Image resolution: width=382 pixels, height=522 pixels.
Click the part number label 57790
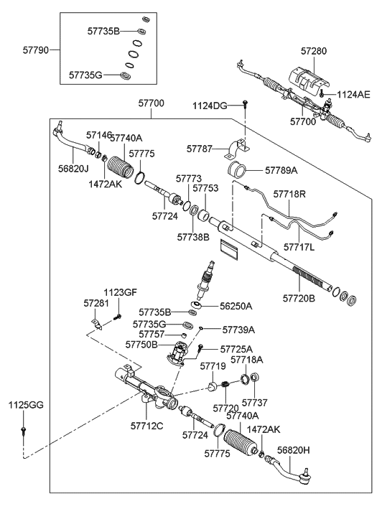[36, 50]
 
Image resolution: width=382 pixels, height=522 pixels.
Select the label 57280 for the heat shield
[314, 51]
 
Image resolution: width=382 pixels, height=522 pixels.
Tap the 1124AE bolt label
[353, 95]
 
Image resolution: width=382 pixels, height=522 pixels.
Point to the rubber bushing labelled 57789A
[236, 169]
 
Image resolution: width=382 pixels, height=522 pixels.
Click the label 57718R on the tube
[289, 194]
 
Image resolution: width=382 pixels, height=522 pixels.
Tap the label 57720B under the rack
[299, 298]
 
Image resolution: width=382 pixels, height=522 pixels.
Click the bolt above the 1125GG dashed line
[24, 430]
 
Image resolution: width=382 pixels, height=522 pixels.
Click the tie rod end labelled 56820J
[73, 141]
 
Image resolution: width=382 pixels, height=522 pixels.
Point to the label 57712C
[147, 426]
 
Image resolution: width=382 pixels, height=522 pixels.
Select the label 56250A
[236, 306]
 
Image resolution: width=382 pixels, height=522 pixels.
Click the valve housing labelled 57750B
[177, 355]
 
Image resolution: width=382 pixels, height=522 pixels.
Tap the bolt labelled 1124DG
[245, 104]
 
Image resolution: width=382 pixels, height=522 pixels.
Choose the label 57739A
[238, 330]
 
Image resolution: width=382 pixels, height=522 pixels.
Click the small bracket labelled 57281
[97, 324]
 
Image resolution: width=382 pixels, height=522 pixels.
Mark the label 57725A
[236, 349]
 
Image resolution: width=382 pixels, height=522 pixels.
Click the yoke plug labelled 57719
[213, 387]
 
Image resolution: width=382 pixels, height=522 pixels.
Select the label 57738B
[193, 237]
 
